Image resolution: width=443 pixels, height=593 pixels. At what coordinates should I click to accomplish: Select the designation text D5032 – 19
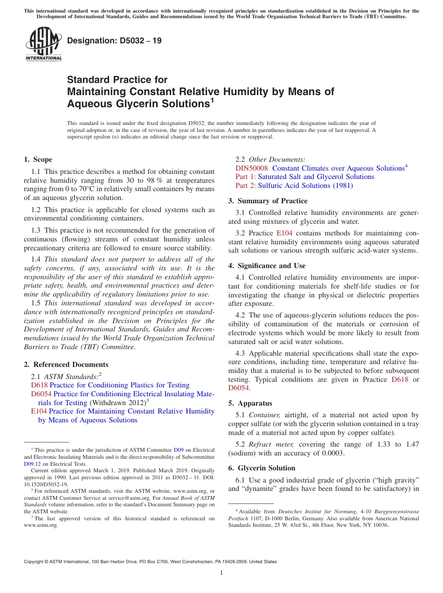coord(114,41)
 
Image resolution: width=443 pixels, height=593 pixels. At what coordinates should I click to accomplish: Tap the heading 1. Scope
coord(38,159)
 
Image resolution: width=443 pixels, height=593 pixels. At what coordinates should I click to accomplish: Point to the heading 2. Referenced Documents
coord(66,365)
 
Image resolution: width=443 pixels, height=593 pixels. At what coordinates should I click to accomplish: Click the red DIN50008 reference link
coord(251,168)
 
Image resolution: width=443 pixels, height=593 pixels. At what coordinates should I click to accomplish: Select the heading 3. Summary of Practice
coord(268,201)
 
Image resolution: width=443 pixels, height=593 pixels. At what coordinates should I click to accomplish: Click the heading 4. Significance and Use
coord(267,266)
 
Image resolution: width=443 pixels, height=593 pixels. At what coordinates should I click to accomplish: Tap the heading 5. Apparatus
coord(250,403)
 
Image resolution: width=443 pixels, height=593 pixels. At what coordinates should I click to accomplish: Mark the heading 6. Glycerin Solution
coord(262,468)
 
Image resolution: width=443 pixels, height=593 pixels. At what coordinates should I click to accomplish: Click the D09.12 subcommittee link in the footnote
coord(31,464)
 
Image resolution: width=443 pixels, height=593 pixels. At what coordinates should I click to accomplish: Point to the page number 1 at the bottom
coord(221,573)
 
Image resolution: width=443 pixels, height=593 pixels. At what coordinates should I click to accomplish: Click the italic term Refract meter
coord(264,444)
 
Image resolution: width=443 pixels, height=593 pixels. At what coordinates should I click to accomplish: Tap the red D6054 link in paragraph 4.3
coord(239,388)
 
